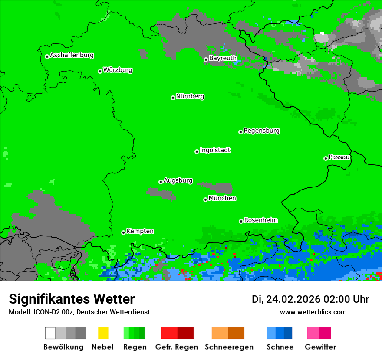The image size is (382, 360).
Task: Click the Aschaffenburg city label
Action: (72, 55)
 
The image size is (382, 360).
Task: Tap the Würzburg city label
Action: (118, 70)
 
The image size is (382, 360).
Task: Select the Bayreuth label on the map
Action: (223, 58)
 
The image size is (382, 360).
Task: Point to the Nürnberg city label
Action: (190, 96)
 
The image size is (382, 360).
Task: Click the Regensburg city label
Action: (261, 131)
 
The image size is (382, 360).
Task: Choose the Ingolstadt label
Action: (215, 150)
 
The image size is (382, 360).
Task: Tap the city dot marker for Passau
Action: (326, 158)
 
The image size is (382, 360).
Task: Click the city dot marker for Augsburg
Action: (161, 182)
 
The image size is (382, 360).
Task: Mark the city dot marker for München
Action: (205, 200)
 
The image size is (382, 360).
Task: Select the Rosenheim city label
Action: (260, 220)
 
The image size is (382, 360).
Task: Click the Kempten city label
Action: (140, 231)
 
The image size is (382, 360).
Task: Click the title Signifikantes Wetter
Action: (72, 299)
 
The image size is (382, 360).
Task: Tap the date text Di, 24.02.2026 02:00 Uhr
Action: (310, 299)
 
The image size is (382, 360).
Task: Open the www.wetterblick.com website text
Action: (313, 312)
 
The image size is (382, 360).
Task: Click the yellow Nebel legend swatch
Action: (103, 333)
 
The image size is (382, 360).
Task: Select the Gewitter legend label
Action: (320, 347)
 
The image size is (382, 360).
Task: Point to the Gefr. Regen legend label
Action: (177, 347)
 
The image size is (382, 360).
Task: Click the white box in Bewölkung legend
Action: (50, 333)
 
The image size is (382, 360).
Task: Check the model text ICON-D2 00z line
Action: (79, 312)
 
